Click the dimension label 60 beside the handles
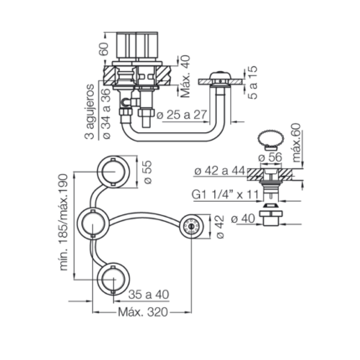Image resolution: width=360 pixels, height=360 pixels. tap(104, 49)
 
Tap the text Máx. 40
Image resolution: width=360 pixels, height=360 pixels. tap(186, 76)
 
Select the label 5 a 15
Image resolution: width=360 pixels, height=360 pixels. tap(253, 83)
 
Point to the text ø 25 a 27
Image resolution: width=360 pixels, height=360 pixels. tap(182, 115)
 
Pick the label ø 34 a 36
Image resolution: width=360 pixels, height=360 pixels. tap(106, 114)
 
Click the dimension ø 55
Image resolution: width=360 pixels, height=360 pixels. tap(147, 172)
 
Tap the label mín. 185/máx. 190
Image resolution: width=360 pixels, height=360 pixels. tap(64, 222)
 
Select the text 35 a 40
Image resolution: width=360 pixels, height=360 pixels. tap(148, 294)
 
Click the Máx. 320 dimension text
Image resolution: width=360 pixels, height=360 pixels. tap(143, 312)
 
